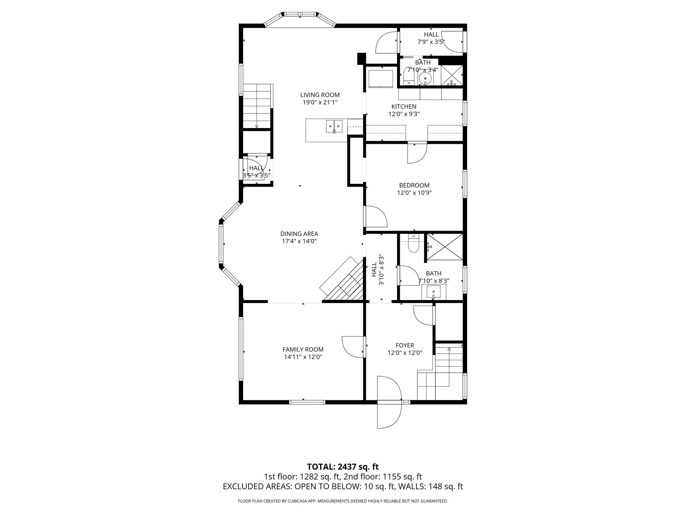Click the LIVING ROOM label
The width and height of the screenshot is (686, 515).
(320, 95)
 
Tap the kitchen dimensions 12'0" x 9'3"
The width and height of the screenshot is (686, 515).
(404, 114)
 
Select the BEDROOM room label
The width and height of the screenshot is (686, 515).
(414, 185)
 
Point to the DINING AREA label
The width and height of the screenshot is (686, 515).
(299, 234)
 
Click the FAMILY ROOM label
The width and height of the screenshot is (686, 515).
(303, 349)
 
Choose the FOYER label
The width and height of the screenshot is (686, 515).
(405, 345)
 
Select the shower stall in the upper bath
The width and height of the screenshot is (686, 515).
(452, 76)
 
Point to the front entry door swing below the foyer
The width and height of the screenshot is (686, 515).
(389, 415)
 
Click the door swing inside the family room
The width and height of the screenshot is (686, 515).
(353, 347)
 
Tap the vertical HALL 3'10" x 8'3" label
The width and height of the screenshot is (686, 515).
(378, 270)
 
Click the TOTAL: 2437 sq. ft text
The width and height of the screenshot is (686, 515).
(343, 466)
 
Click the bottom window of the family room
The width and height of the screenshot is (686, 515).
(307, 402)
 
